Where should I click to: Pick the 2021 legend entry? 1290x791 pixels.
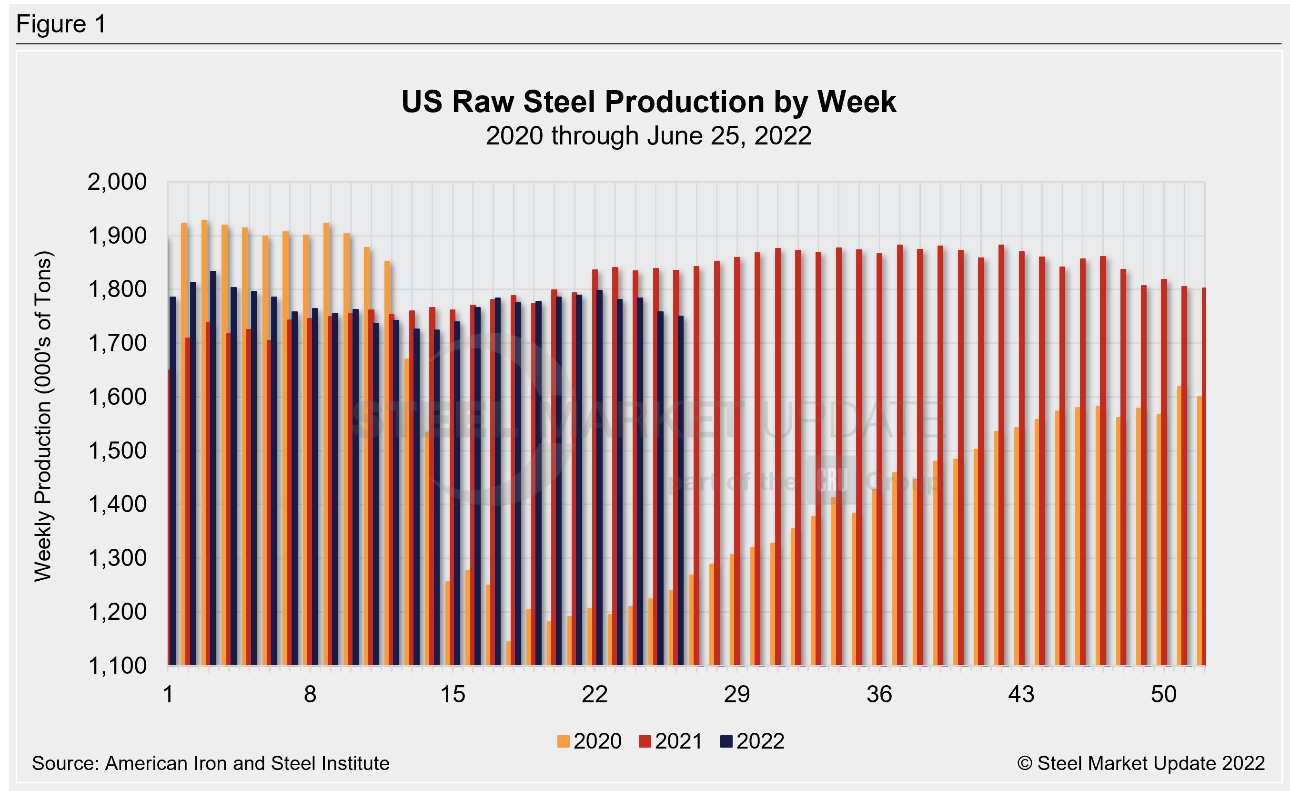pos(671,741)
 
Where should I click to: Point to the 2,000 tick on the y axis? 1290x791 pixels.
pos(117,182)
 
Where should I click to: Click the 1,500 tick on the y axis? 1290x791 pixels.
pos(117,451)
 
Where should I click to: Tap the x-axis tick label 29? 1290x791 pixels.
pos(736,695)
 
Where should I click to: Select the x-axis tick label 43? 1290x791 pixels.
pos(1021,695)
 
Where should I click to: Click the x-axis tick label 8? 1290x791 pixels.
pos(310,695)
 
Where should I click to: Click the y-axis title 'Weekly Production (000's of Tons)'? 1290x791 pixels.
pos(43,416)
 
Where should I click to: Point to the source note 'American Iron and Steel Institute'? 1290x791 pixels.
pos(247,764)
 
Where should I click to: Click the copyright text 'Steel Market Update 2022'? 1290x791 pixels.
pos(1151,764)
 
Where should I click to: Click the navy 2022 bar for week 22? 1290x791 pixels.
pos(600,472)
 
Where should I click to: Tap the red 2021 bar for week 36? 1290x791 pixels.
pos(879,472)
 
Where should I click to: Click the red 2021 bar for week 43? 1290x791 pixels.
pos(1022,472)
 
